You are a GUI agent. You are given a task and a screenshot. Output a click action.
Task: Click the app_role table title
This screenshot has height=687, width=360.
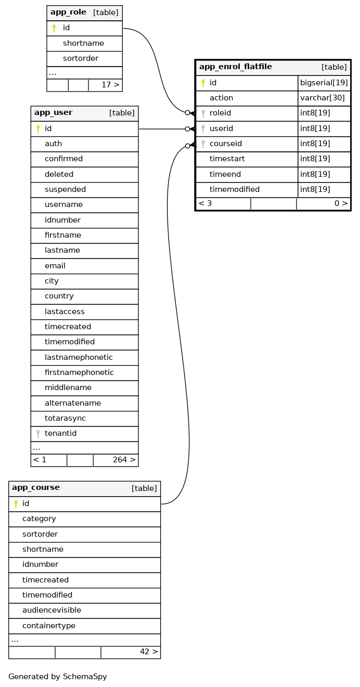(x=68, y=12)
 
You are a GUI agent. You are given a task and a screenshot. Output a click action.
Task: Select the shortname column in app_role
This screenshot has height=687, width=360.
(x=83, y=43)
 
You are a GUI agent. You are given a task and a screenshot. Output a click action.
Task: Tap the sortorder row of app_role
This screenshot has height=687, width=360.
(x=81, y=59)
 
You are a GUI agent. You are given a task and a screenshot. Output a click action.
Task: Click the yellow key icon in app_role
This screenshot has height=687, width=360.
(x=54, y=28)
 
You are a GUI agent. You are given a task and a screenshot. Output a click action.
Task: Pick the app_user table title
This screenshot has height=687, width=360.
(x=54, y=113)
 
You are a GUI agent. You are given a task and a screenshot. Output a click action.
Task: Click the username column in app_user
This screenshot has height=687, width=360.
(x=63, y=205)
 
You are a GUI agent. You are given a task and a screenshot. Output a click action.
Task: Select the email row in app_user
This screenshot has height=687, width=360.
(x=55, y=266)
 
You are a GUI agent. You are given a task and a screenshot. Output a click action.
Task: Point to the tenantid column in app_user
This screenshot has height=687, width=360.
(x=60, y=434)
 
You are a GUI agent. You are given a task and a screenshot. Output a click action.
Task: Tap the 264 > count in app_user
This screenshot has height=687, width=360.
(x=124, y=460)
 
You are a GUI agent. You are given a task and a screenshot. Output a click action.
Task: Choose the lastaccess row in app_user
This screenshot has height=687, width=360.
(x=65, y=312)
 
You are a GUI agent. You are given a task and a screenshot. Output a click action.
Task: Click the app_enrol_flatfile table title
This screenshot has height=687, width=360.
(x=235, y=67)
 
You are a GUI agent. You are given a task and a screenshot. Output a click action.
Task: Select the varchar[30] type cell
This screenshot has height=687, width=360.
(x=323, y=98)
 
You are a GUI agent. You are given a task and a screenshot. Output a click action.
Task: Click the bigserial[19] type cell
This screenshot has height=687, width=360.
(x=324, y=83)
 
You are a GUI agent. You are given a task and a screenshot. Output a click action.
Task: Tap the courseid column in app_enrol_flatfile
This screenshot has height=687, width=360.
(x=226, y=144)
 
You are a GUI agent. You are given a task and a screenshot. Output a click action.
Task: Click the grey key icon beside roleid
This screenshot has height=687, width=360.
(x=203, y=113)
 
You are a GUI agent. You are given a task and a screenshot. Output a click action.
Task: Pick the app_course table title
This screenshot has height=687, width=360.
(x=36, y=488)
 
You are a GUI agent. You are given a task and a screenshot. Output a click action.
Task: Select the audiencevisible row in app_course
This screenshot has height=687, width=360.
(x=52, y=610)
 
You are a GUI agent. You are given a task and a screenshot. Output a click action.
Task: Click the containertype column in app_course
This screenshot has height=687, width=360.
(x=49, y=626)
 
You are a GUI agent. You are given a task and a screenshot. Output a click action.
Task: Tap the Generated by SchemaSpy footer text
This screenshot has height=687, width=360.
(x=58, y=677)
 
